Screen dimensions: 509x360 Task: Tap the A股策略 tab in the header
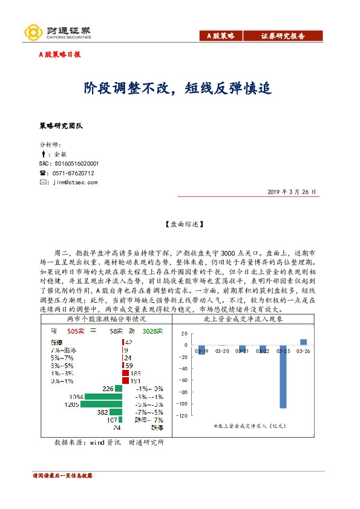point(224,36)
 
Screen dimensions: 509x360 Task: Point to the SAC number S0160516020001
point(69,163)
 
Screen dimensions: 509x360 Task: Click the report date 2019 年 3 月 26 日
point(292,192)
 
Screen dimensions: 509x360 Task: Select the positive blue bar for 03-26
point(303,342)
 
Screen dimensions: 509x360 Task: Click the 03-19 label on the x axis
point(201,351)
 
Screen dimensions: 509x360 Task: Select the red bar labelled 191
point(126,381)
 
